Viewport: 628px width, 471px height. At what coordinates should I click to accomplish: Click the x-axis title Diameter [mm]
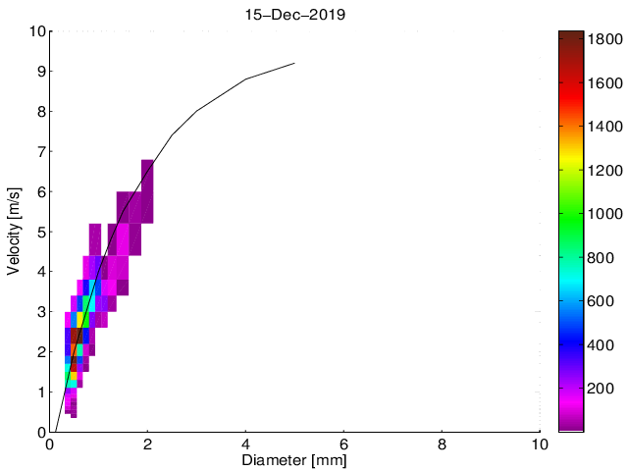click(x=294, y=459)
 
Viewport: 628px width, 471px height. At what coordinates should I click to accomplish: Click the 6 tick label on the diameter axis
click(x=343, y=443)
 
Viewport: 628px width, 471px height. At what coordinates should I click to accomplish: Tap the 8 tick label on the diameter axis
click(x=442, y=443)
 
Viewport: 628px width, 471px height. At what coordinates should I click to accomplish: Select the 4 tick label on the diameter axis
click(x=245, y=443)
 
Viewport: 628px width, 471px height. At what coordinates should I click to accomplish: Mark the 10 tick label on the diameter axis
click(x=539, y=443)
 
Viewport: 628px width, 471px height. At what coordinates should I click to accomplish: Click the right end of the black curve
click(x=294, y=64)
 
